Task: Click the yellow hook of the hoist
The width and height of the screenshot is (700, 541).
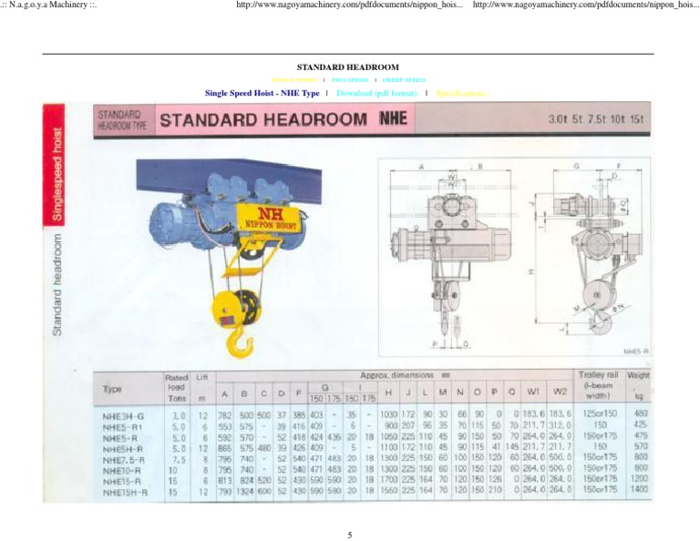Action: tap(239, 342)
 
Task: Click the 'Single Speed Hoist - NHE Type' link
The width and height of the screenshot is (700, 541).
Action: tap(262, 93)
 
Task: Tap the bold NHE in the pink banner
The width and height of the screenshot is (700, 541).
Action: tap(393, 118)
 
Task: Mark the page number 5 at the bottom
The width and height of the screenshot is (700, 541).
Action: tap(349, 535)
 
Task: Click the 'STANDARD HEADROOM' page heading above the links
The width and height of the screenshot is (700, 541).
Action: tap(348, 67)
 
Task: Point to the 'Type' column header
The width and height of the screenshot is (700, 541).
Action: tap(113, 388)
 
